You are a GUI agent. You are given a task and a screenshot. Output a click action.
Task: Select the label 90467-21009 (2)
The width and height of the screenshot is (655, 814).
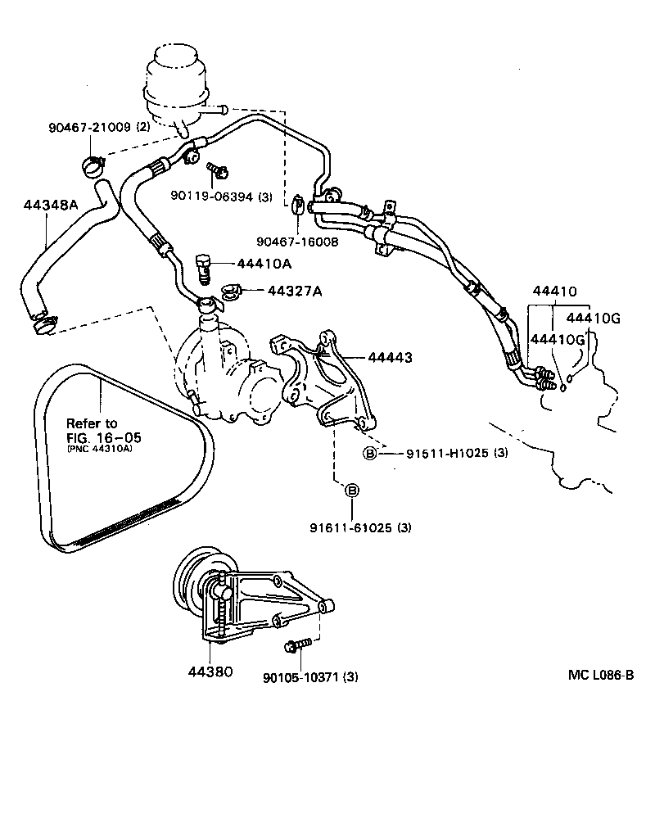click(x=98, y=127)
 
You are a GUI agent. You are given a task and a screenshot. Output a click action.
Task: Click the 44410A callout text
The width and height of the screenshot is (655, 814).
click(x=264, y=265)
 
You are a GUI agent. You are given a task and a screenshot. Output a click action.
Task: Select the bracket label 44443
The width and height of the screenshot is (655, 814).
click(x=390, y=358)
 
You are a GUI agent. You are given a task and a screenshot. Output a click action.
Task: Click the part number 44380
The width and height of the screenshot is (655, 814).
click(x=210, y=672)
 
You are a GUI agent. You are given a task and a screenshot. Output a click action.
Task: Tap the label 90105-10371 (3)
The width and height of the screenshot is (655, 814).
click(x=310, y=676)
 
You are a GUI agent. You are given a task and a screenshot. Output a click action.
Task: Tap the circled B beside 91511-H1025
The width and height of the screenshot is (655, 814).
click(x=370, y=454)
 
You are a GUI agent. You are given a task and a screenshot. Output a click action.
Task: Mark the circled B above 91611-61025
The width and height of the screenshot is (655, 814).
click(x=352, y=491)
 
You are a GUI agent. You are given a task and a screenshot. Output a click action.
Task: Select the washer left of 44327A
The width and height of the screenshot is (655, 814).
click(x=230, y=291)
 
